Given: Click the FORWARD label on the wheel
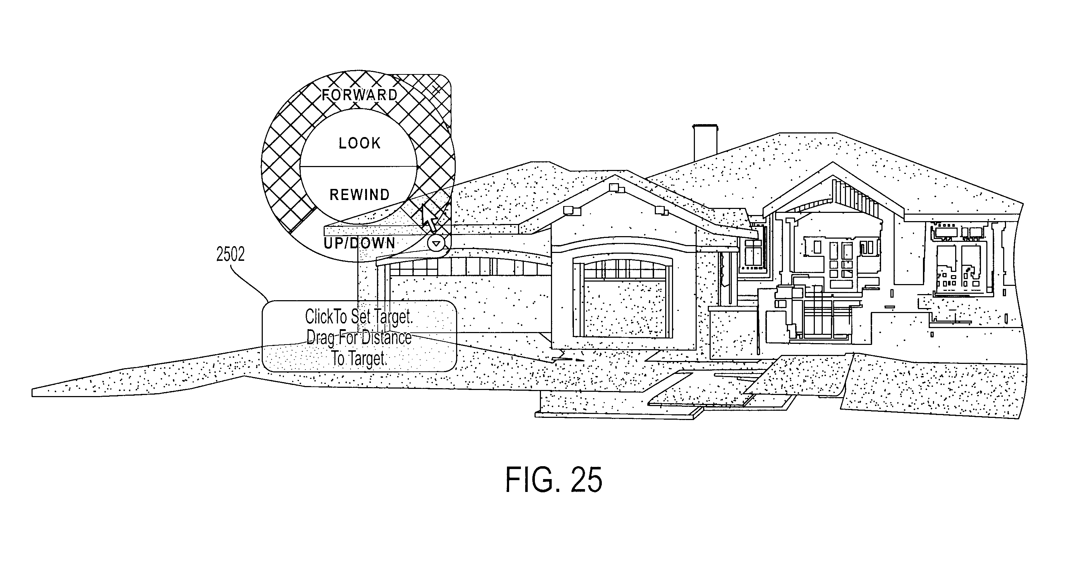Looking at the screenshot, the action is point(359,95).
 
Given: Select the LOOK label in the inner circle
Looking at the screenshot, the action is point(360,143).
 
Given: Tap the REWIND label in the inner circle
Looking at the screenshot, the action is point(359,195).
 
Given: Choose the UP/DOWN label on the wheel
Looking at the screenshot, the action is point(359,243).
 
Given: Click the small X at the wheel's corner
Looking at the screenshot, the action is point(437,89).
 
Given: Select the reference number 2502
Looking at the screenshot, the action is point(230,254).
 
